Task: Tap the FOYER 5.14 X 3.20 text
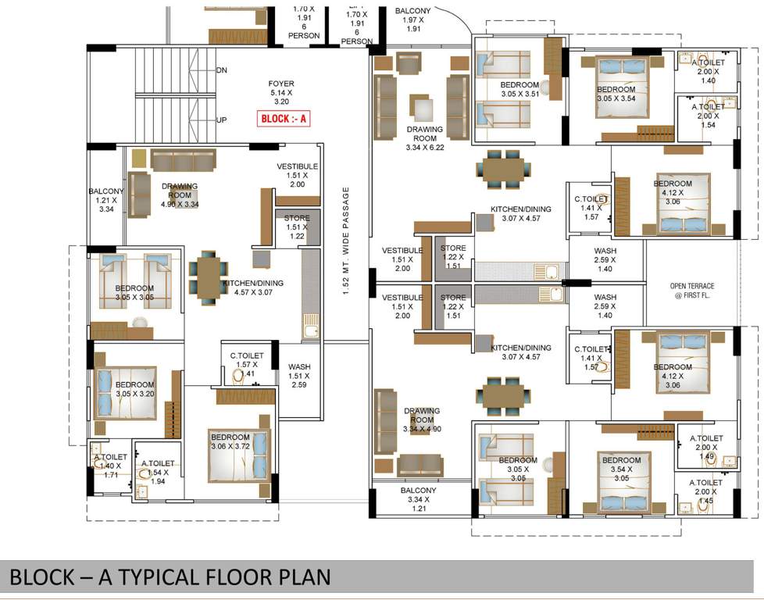pos(281,91)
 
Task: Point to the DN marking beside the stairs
pos(221,70)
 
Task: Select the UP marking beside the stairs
pos(221,120)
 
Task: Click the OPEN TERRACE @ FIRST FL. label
pos(692,291)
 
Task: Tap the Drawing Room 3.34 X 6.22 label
pos(424,137)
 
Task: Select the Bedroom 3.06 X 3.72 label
pos(230,441)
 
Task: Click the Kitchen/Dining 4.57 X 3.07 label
pos(253,288)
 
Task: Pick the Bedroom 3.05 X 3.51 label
pos(519,89)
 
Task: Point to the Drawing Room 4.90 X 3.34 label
pos(179,195)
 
